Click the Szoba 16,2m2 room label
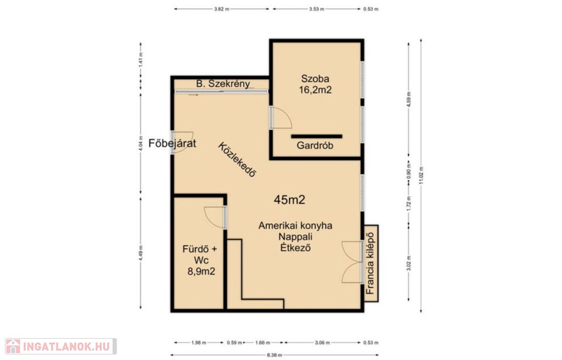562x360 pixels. (316, 85)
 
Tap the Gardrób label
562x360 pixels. (315, 145)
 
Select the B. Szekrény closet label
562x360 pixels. (223, 84)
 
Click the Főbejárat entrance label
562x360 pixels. (172, 143)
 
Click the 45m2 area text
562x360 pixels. (290, 200)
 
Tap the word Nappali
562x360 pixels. (295, 237)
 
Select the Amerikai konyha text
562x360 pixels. (295, 226)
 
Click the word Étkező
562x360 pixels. (295, 248)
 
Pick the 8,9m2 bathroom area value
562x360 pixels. (201, 272)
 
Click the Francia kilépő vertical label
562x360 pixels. (370, 263)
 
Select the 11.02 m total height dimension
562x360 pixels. (421, 176)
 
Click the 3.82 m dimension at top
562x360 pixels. (222, 9)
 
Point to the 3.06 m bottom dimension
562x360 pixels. (322, 343)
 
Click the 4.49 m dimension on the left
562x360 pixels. (141, 253)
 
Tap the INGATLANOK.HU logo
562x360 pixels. (60, 346)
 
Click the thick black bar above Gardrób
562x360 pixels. (317, 136)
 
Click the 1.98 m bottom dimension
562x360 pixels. (199, 343)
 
